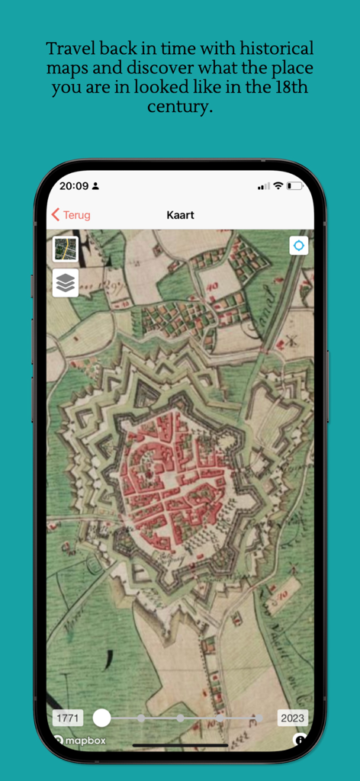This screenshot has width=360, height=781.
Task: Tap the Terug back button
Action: point(70,215)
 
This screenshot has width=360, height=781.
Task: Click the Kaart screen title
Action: point(180,215)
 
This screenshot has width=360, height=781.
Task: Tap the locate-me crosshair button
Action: point(298,246)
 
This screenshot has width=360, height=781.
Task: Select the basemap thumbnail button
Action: point(66,249)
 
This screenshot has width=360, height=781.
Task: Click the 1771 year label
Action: point(68,718)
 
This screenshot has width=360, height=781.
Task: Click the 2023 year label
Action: point(292,718)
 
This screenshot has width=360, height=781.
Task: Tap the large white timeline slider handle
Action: point(101,718)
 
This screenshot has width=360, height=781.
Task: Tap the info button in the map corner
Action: point(301,740)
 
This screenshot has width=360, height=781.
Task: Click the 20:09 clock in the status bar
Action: point(73,185)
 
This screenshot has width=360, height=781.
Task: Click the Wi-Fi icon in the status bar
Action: point(278,185)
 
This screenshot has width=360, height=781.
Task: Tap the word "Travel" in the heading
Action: point(69,49)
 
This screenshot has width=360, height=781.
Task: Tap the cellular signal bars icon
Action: point(264,185)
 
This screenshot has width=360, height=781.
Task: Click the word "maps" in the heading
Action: point(66,68)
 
